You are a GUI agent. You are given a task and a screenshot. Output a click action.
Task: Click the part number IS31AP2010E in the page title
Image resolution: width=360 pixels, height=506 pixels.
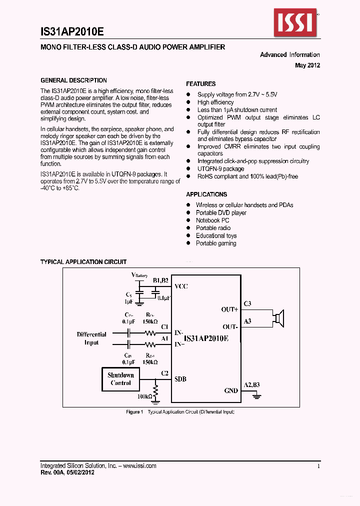tap(72, 31)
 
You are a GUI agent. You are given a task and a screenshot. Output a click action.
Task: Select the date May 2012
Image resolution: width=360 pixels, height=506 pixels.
tap(307, 65)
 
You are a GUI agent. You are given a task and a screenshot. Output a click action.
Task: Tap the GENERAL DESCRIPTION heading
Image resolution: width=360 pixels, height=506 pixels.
tap(73, 80)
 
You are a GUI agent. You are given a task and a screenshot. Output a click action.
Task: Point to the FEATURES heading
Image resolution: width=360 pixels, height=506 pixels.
tap(201, 84)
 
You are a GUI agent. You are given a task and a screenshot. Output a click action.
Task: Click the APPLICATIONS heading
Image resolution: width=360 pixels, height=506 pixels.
tap(206, 194)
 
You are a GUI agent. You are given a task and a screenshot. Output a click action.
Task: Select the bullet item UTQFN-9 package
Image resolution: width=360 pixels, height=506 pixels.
tap(220, 169)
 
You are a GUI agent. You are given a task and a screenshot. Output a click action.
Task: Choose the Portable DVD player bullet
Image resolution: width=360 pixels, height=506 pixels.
tap(221, 213)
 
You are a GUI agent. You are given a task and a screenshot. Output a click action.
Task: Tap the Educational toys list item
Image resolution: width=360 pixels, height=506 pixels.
tap(216, 236)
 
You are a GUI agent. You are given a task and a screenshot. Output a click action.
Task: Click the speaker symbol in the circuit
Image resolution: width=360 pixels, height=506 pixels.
tap(279, 318)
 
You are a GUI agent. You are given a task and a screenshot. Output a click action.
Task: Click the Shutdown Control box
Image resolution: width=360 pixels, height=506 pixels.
tap(120, 379)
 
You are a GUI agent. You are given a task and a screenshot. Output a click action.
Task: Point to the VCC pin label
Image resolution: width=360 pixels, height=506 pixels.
tap(181, 287)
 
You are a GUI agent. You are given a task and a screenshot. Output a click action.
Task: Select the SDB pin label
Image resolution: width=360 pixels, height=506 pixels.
tap(180, 379)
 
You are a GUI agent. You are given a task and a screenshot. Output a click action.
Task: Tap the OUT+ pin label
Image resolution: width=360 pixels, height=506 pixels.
tap(229, 309)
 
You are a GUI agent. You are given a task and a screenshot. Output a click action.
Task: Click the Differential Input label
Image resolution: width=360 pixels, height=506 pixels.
tap(91, 338)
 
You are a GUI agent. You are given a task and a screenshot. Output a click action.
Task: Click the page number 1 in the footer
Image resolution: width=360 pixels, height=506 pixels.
tap(318, 466)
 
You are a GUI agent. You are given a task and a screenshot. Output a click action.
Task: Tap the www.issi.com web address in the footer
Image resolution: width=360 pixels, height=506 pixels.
tap(139, 466)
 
